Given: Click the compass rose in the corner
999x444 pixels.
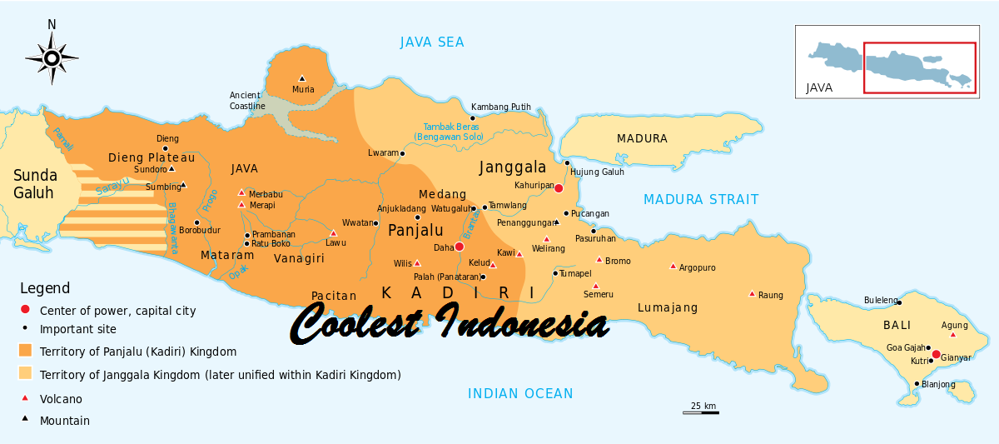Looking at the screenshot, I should [x=52, y=57].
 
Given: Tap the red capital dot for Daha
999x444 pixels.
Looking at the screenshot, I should [x=459, y=247].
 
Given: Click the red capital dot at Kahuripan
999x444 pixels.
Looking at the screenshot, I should [x=559, y=188].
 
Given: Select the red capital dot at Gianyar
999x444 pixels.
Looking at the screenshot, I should [x=936, y=354].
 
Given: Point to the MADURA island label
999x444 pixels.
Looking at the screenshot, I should [x=641, y=139].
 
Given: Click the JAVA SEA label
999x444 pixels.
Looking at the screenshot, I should [x=431, y=42].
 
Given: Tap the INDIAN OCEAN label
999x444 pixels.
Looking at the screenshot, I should [x=520, y=393].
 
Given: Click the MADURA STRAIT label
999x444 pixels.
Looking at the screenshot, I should [x=700, y=199].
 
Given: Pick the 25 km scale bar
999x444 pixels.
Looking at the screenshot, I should [x=700, y=411].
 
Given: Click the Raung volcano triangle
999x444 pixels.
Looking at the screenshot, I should [x=752, y=293].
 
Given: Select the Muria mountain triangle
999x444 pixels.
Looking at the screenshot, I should [x=301, y=78].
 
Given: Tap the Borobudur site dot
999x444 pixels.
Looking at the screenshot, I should [x=196, y=222].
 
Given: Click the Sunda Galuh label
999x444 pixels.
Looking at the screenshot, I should [x=35, y=184].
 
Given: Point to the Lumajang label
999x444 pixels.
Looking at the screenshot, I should [x=667, y=307].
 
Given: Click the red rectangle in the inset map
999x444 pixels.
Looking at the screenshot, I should [x=920, y=68].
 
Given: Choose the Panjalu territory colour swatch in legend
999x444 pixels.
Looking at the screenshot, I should [x=26, y=351].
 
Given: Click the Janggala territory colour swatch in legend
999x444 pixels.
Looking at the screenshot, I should [x=26, y=374].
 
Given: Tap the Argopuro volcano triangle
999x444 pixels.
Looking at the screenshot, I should [x=673, y=267].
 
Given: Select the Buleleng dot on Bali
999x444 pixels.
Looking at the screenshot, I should [x=899, y=302].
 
